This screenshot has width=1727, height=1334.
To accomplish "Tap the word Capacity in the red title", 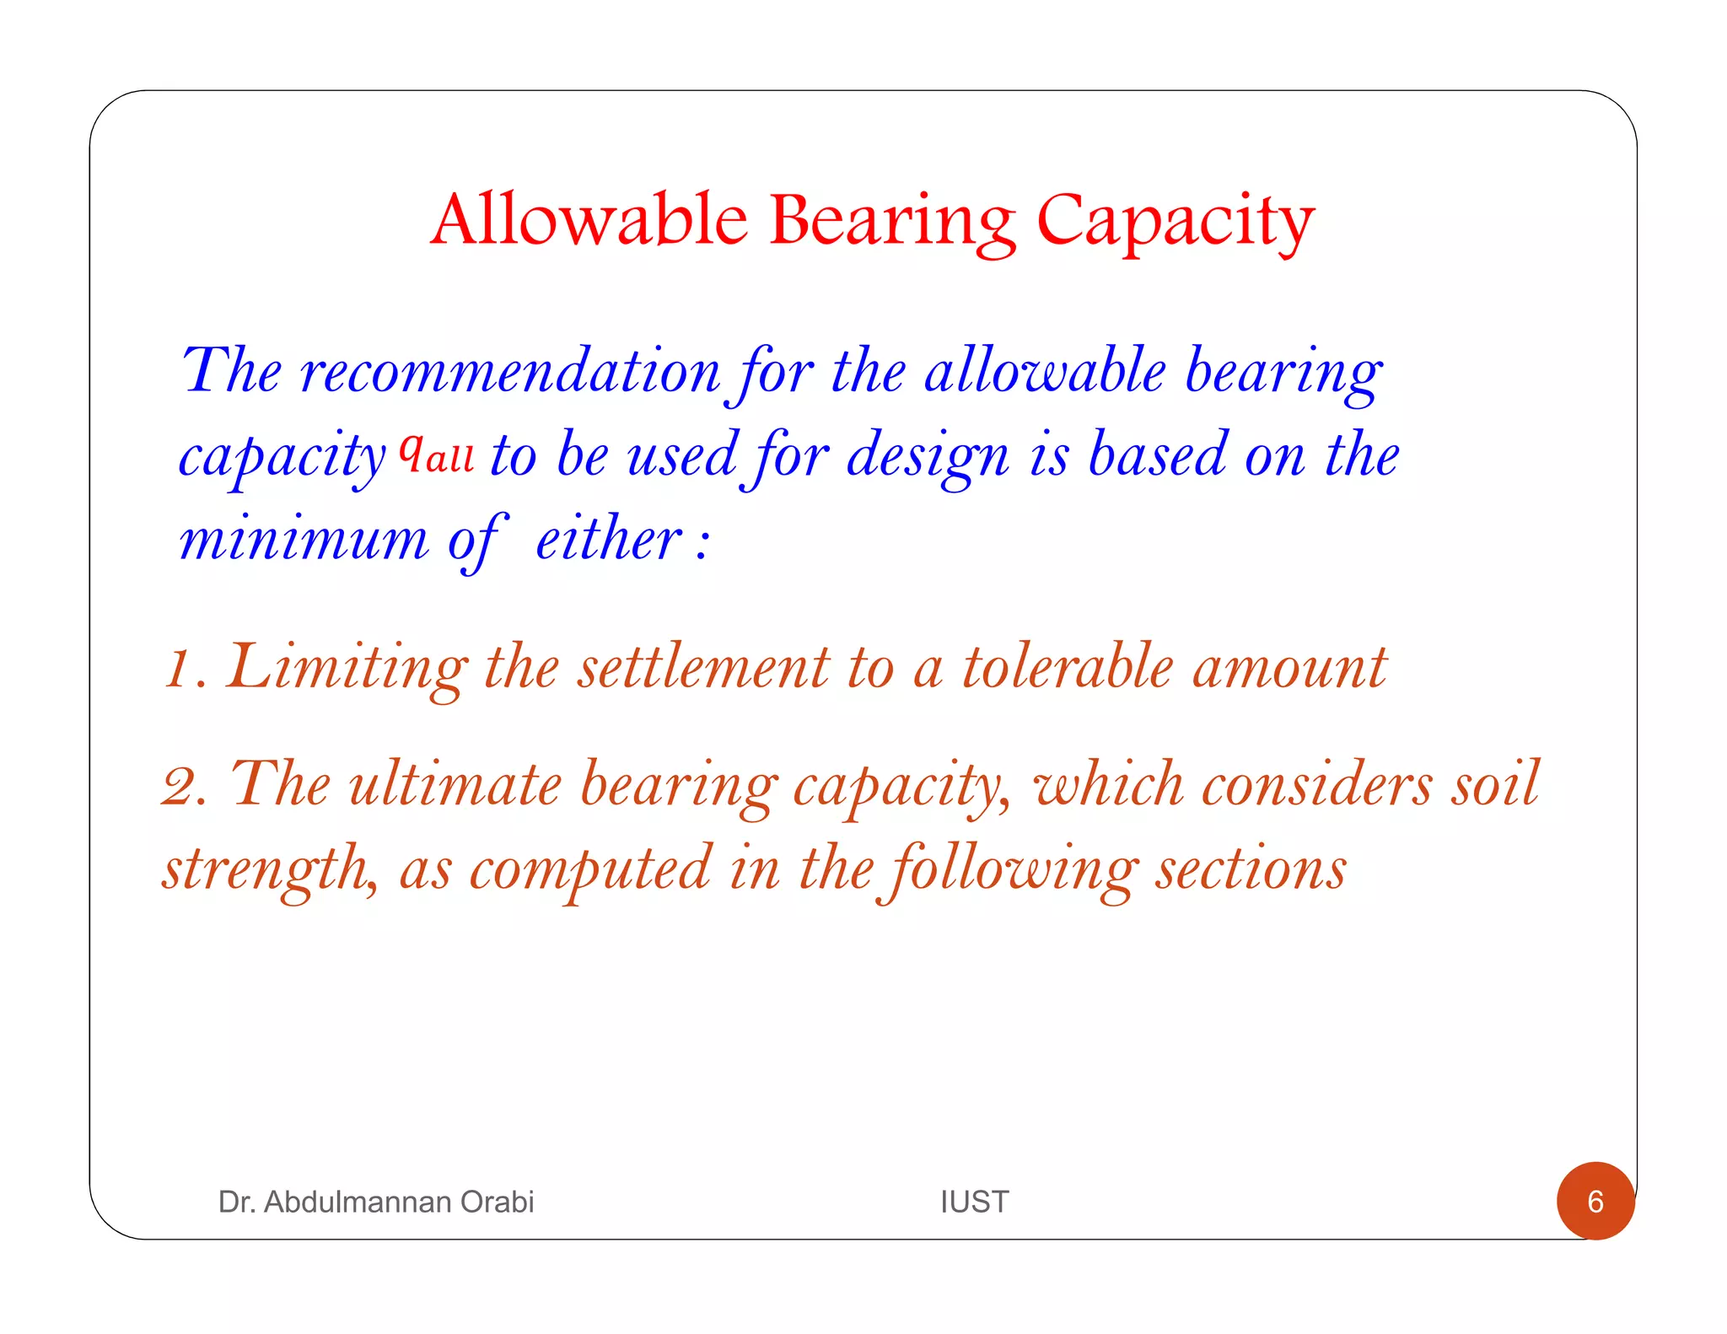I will (x=1175, y=221).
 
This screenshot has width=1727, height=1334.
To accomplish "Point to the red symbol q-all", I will (x=436, y=454).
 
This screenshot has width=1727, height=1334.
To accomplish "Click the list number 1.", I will (x=180, y=668).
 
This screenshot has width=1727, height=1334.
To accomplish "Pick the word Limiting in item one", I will (x=347, y=668).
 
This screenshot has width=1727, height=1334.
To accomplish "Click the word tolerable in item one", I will (x=1068, y=668).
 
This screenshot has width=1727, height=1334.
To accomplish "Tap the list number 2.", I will (x=184, y=786).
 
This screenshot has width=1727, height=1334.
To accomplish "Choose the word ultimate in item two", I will (x=455, y=784).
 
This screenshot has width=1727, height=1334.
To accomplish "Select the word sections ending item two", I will (x=1251, y=869).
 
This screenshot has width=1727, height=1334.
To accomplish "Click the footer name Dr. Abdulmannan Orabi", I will (x=376, y=1202).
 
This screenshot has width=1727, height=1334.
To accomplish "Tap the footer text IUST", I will (x=974, y=1202).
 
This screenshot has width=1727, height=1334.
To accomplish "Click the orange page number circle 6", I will (x=1595, y=1201).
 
